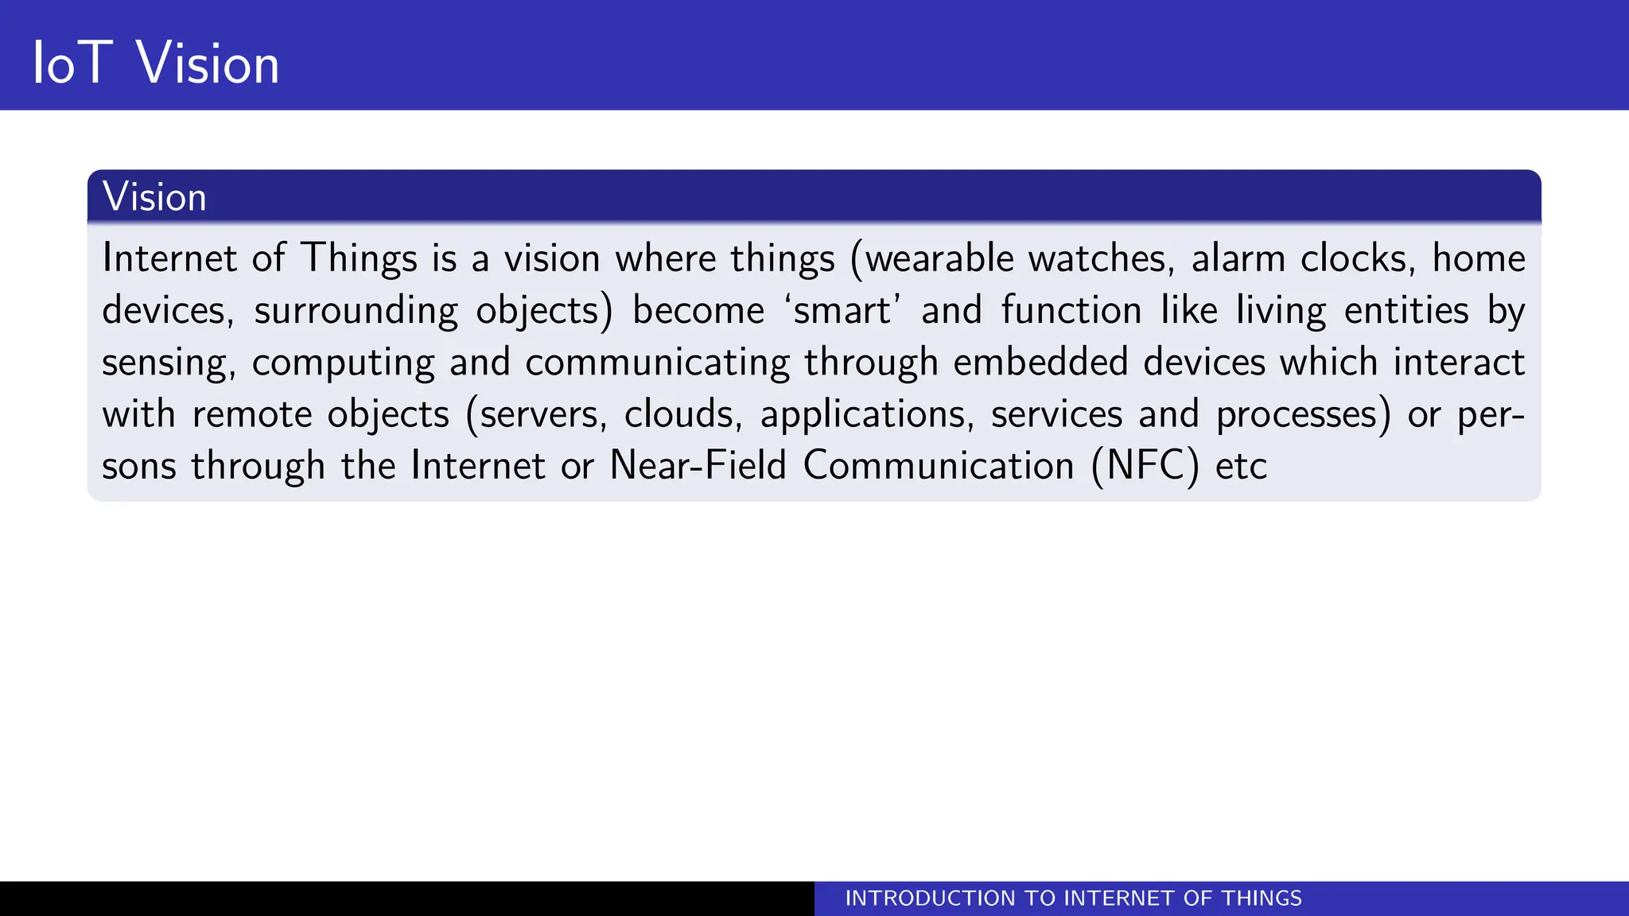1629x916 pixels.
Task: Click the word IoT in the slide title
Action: point(71,63)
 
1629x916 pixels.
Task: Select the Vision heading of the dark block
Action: point(154,196)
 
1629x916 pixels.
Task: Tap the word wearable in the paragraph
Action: point(939,258)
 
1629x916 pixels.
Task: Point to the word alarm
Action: point(1238,258)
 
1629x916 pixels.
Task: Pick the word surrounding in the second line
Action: point(356,310)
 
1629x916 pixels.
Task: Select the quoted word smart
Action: point(842,310)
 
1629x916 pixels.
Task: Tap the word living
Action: point(1281,310)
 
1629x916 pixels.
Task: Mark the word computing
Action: point(343,363)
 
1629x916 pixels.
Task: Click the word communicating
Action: point(657,363)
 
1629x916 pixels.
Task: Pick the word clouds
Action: point(682,414)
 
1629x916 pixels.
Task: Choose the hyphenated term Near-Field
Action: point(698,465)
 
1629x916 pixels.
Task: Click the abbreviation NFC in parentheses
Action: point(1145,465)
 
